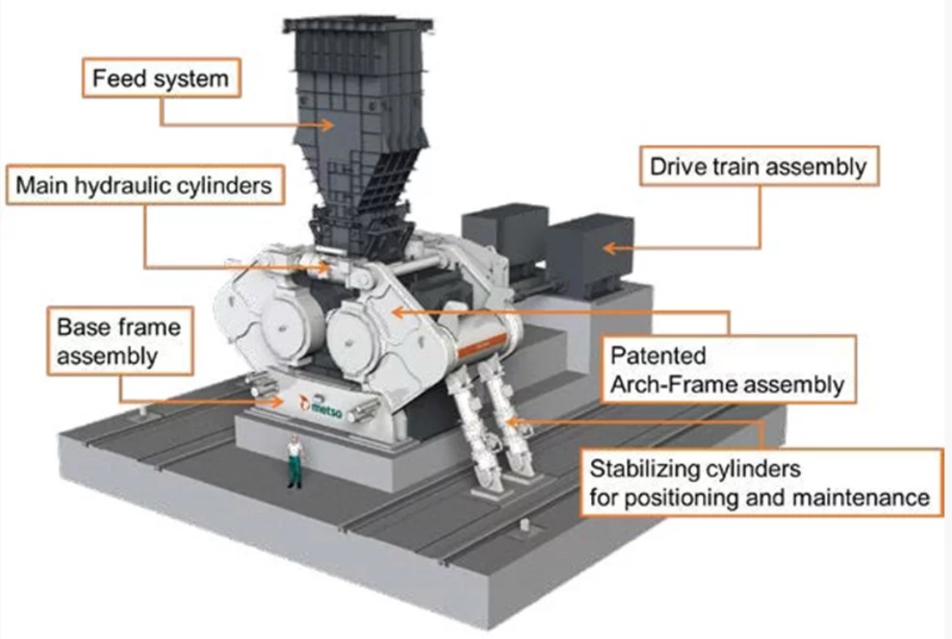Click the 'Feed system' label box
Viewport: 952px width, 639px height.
click(x=159, y=79)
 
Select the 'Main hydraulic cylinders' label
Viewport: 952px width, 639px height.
click(x=144, y=184)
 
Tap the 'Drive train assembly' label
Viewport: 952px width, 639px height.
click(x=758, y=167)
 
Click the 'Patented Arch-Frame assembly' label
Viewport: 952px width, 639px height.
click(x=727, y=370)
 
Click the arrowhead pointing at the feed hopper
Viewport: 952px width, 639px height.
click(x=327, y=125)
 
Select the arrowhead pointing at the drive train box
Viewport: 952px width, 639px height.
click(x=607, y=247)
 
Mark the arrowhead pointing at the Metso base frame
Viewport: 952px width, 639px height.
click(x=278, y=402)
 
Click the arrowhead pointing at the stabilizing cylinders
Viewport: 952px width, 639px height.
click(x=514, y=420)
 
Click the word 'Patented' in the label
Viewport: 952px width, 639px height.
click(x=647, y=356)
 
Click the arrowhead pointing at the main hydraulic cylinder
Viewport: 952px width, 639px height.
click(x=328, y=267)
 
